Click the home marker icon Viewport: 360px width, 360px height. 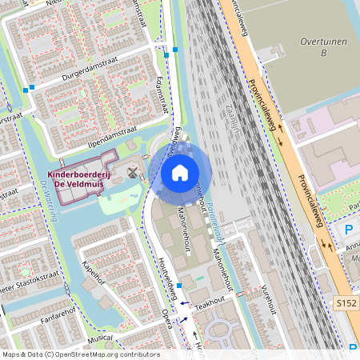point(180,172)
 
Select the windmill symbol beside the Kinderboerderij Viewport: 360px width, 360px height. point(133,172)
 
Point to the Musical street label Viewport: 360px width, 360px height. point(101,339)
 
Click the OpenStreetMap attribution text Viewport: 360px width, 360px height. point(80,354)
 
